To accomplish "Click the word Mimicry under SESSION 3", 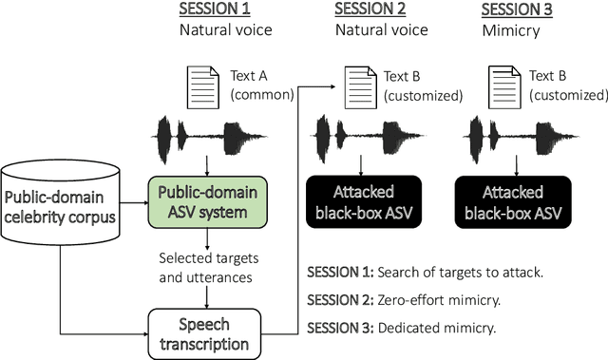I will pyautogui.click(x=512, y=30).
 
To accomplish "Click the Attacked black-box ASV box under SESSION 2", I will pyautogui.click(x=366, y=197).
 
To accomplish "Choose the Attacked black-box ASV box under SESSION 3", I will pyautogui.click(x=513, y=197).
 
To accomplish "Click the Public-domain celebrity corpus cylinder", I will pyautogui.click(x=62, y=206).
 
